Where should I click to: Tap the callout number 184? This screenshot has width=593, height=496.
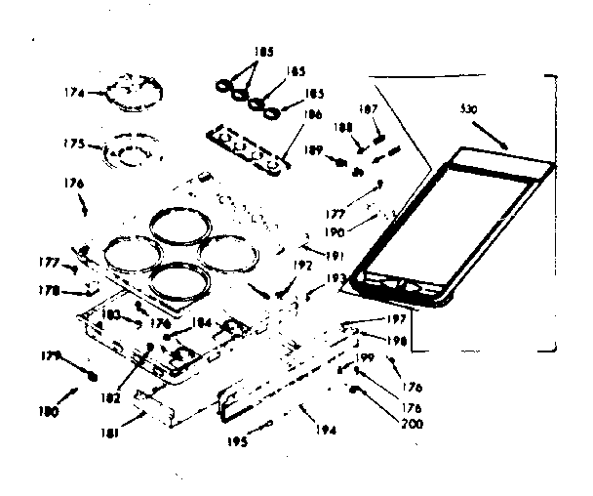200,323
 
